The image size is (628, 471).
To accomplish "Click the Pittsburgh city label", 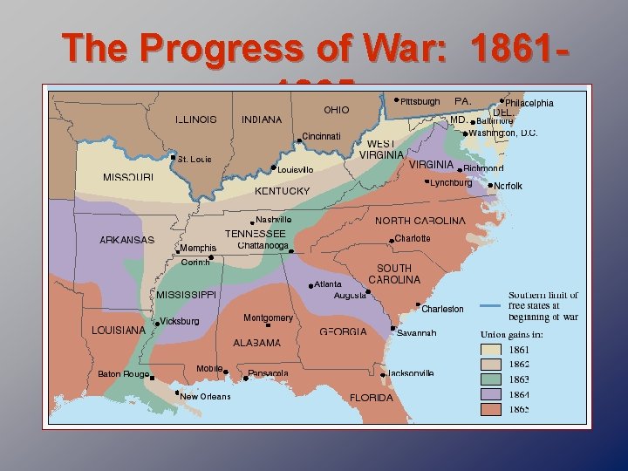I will coord(420,102).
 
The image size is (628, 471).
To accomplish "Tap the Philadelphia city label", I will coord(529,104).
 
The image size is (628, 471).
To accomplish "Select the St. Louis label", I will coord(194,160).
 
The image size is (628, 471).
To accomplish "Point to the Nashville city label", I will coord(274,220).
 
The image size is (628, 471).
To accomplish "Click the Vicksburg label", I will coord(180,321).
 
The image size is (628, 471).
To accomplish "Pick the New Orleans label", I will coord(205,397).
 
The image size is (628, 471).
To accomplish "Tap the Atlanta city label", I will coord(328,284).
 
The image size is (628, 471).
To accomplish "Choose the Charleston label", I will coord(442,309).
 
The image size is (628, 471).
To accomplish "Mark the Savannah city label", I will coord(416,333).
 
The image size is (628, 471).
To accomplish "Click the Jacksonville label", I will coord(411,373).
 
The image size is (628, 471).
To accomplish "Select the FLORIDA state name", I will coord(372,398).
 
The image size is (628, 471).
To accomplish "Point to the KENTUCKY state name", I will coord(282,191).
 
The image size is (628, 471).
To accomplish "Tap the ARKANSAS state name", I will coord(126,240).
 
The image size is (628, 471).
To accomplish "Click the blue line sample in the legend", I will coord(492,306).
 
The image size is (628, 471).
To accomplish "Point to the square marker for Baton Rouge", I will coord(151,379).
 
